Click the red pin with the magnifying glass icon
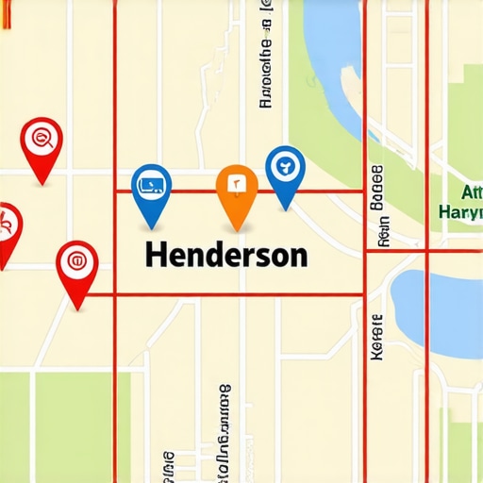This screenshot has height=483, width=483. click(41, 143)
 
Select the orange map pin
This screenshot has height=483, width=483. click(237, 189)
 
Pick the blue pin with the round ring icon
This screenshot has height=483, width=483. click(285, 170)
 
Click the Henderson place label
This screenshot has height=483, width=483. click(225, 256)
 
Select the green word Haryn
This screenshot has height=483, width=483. click(462, 210)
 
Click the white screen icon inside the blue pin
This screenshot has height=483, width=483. click(151, 179)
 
